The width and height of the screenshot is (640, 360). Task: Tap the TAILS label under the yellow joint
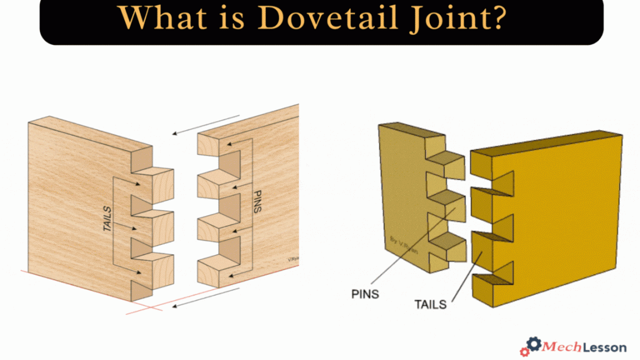click(x=431, y=304)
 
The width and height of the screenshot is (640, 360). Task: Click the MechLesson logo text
click(x=578, y=346)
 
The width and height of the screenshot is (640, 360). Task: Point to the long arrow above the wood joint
click(x=206, y=124)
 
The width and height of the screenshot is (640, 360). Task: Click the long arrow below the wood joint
click(x=206, y=297)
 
